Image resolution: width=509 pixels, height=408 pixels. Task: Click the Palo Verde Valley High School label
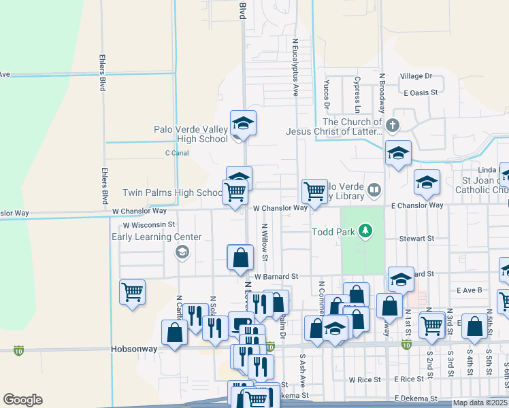[x=191, y=134]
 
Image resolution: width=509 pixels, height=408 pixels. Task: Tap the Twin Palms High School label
[x=173, y=193]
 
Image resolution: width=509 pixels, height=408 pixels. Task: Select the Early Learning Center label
[x=157, y=237]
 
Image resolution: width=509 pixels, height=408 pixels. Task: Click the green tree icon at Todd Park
[x=366, y=231]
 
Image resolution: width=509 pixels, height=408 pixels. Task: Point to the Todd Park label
[x=333, y=232]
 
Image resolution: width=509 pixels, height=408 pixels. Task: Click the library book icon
[x=374, y=189]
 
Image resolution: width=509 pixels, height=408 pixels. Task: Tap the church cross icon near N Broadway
[x=392, y=126]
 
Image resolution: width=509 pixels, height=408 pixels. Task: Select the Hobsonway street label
[x=133, y=348]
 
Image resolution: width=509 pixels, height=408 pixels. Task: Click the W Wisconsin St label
[x=149, y=224]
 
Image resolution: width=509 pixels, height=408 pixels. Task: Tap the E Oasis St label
[x=423, y=92]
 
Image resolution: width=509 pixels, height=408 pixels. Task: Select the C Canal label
[x=177, y=153]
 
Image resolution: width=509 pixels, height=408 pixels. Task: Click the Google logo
[x=22, y=400]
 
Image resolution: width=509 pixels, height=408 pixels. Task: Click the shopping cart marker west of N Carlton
[x=132, y=291]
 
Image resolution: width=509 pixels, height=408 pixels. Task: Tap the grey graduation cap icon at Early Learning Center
[x=181, y=253]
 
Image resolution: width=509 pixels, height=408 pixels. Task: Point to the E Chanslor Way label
[x=417, y=205]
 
